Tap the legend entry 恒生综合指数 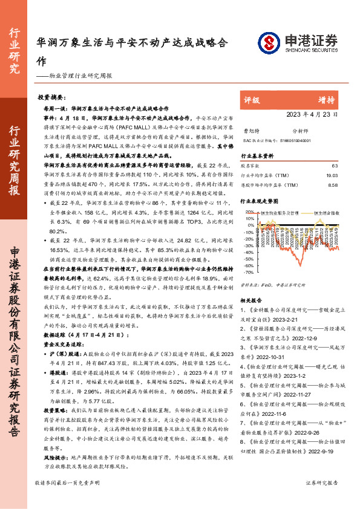[x=329, y=213]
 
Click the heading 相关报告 [x=250, y=300]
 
